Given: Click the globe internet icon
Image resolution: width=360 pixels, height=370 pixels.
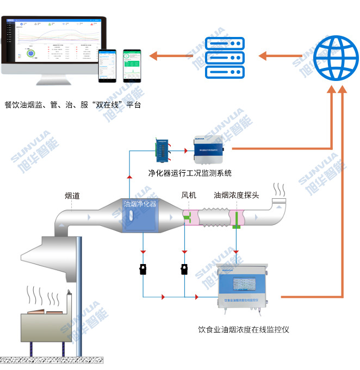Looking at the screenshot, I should pyautogui.click(x=336, y=55).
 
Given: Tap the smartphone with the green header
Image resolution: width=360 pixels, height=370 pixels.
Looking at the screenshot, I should pyautogui.click(x=132, y=65).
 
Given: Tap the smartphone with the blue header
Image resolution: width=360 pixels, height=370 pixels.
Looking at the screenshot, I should pyautogui.click(x=107, y=66).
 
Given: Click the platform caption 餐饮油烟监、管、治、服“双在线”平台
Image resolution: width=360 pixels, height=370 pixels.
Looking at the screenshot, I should pyautogui.click(x=72, y=104).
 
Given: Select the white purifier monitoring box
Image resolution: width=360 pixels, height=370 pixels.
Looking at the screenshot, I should pyautogui.click(x=208, y=150).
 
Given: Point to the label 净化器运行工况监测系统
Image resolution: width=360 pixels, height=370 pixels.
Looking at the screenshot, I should pyautogui.click(x=190, y=173).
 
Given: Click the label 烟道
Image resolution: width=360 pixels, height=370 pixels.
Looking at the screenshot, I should pyautogui.click(x=72, y=196).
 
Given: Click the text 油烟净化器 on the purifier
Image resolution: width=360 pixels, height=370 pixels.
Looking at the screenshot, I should pyautogui.click(x=140, y=204).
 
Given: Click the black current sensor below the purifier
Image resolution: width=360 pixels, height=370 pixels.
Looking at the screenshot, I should pyautogui.click(x=143, y=269).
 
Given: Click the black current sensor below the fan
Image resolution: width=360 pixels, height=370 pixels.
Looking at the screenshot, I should pyautogui.click(x=184, y=269).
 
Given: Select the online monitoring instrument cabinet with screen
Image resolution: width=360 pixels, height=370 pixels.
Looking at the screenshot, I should pyautogui.click(x=241, y=288).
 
